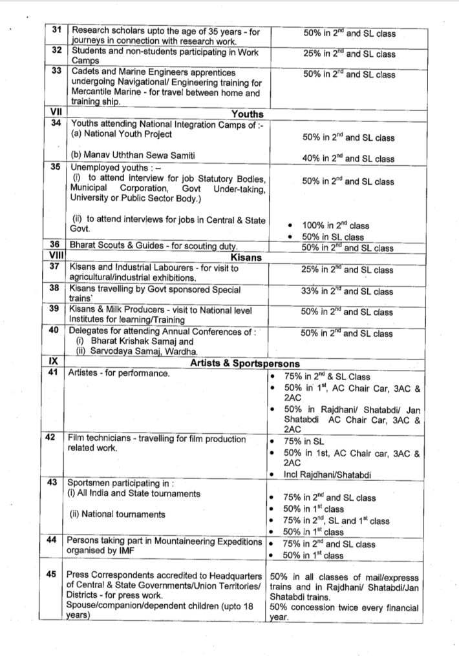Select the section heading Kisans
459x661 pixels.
tap(246, 258)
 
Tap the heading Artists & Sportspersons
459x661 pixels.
tap(244, 363)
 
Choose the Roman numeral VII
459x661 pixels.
tap(56, 114)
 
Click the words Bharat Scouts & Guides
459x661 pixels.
tap(114, 246)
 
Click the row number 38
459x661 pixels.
tap(55, 290)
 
